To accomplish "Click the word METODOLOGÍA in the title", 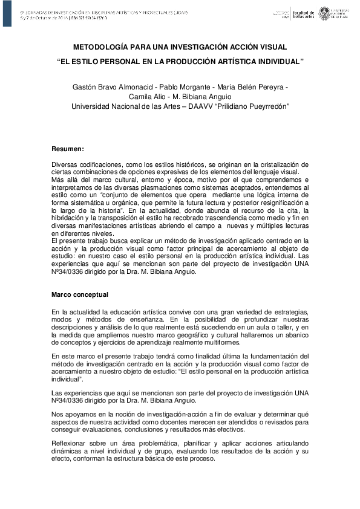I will [x=100, y=47].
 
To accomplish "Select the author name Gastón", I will [x=85, y=87].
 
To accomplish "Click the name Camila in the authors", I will [x=141, y=97].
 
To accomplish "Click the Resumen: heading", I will [x=68, y=149].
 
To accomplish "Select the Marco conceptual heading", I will [x=80, y=294].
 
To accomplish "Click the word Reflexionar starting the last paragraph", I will [x=71, y=443].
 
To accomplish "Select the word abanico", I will [x=295, y=334].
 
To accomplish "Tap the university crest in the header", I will [x=325, y=13].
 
